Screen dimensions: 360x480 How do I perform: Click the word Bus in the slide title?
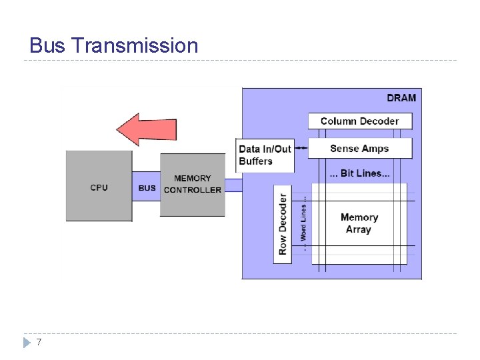click(x=47, y=45)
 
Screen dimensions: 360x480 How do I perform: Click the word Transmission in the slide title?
click(x=134, y=45)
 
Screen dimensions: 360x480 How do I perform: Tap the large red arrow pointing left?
click(x=146, y=129)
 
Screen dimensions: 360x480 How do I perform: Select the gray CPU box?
click(x=99, y=186)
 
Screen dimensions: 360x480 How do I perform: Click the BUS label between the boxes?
click(x=147, y=188)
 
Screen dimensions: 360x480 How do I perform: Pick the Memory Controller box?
click(x=192, y=185)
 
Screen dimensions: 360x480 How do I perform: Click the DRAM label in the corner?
click(x=401, y=98)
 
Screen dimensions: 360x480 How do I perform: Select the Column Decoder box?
click(x=359, y=121)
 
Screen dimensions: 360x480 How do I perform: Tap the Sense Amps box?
click(x=359, y=148)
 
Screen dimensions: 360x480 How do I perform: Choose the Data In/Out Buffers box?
click(x=265, y=155)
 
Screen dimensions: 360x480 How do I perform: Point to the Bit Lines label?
click(x=360, y=173)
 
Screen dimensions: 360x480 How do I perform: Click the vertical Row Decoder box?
click(x=283, y=224)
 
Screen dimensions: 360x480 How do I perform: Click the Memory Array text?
click(x=359, y=223)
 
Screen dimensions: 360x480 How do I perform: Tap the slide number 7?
click(x=39, y=342)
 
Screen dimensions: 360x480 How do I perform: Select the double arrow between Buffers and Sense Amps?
click(x=301, y=148)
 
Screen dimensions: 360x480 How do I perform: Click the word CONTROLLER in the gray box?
click(x=192, y=190)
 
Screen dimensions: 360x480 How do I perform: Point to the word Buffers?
click(x=256, y=161)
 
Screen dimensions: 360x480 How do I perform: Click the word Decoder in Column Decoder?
click(x=379, y=121)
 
